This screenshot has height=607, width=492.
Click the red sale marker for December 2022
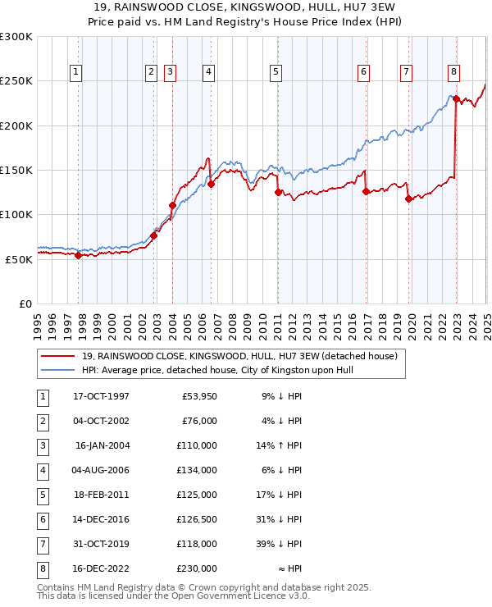tap(456, 99)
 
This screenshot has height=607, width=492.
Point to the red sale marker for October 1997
tap(79, 255)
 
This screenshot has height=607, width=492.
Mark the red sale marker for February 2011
tap(278, 192)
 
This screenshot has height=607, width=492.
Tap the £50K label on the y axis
tap(18, 259)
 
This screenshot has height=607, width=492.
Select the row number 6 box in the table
tap(42, 519)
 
